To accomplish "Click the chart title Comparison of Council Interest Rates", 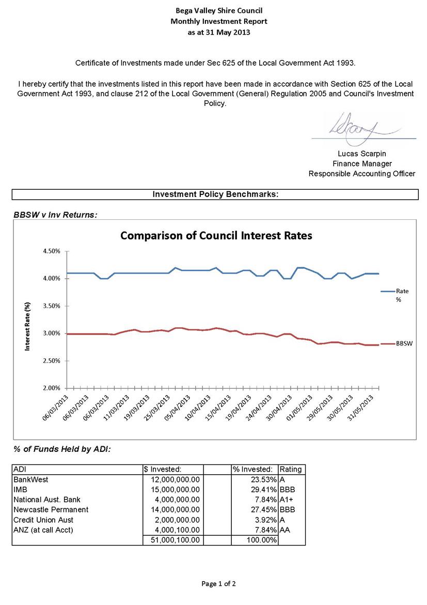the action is pyautogui.click(x=216, y=236).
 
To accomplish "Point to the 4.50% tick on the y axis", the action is pyautogui.click(x=52, y=251).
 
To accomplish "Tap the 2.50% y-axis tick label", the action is pyautogui.click(x=52, y=361).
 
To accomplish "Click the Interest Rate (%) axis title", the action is pyautogui.click(x=27, y=326).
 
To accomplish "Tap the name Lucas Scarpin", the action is pyautogui.click(x=362, y=154).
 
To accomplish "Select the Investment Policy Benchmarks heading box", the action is pyautogui.click(x=215, y=194).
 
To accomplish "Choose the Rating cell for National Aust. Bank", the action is pyautogui.click(x=287, y=500).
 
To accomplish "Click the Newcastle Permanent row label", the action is pyautogui.click(x=51, y=510).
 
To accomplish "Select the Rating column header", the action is pyautogui.click(x=291, y=470).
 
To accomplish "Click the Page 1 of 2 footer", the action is pyautogui.click(x=218, y=584).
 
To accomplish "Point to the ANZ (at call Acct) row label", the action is pyautogui.click(x=43, y=530).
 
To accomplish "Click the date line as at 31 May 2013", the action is pyautogui.click(x=219, y=33).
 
